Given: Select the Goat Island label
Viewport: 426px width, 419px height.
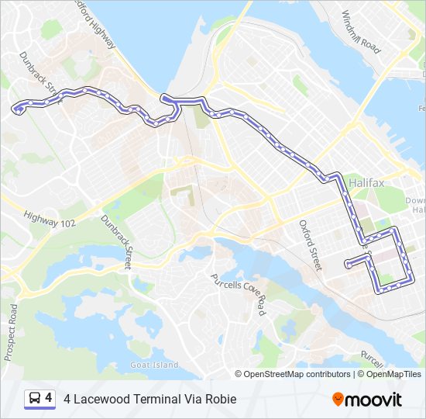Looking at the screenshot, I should click(153, 365).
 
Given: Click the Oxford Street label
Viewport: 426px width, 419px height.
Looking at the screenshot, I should click(310, 245).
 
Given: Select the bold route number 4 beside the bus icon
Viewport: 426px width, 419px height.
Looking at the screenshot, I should click(49, 398).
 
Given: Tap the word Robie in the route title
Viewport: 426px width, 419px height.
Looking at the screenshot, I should click(220, 400).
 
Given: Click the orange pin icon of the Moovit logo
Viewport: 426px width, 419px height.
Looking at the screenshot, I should click(338, 400).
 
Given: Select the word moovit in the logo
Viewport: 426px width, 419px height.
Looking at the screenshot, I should click(373, 400).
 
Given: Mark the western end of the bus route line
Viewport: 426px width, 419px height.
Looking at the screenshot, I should click(15, 109).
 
